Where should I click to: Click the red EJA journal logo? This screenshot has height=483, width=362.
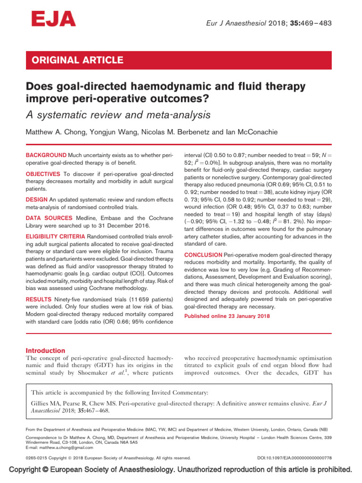point(53,20)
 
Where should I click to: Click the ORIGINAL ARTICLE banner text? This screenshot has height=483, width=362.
point(77,60)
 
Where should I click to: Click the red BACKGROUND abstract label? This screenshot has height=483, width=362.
point(46,155)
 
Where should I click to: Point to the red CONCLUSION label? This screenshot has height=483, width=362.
point(203,255)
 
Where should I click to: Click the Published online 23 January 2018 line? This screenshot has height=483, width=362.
point(227,316)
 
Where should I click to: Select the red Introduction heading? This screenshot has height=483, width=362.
point(45,350)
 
